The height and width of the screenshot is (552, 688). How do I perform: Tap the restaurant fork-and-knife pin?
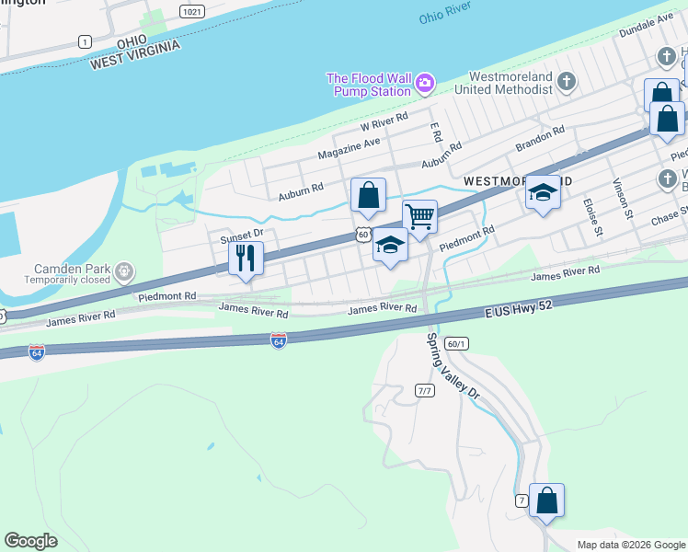[x=246, y=258]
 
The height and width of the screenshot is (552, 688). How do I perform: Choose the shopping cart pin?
[x=419, y=217]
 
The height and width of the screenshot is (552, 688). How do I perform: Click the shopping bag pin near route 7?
[x=546, y=500]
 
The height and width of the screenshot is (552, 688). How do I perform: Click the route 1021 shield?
[x=191, y=12]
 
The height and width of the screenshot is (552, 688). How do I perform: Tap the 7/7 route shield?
[x=424, y=391]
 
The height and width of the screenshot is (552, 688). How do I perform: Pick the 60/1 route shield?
[x=455, y=343]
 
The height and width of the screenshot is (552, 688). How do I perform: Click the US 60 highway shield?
[x=364, y=236]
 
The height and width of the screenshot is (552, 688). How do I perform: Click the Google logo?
[x=30, y=541]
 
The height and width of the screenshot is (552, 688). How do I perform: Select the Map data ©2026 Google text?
[x=631, y=545]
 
